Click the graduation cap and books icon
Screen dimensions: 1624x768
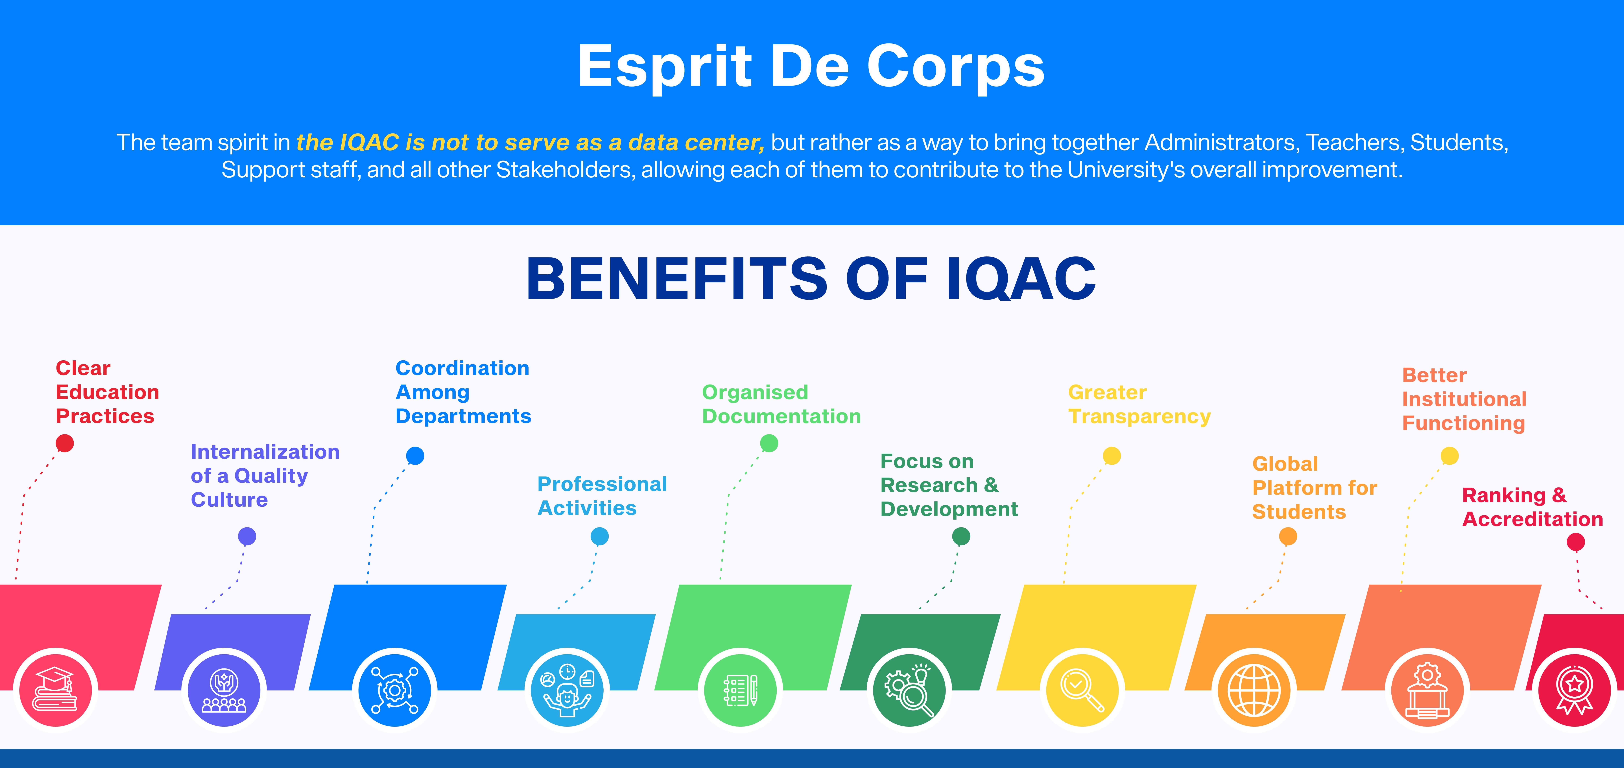(55, 689)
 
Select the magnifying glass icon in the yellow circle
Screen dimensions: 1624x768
(1082, 690)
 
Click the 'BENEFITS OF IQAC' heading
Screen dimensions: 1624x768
(811, 279)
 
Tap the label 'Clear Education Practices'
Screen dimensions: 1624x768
(107, 392)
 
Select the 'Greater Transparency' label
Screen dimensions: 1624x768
(1139, 405)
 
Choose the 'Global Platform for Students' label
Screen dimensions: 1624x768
(1315, 488)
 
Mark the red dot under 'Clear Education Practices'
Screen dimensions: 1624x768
(65, 443)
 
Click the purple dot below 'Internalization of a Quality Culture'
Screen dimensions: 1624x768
(247, 536)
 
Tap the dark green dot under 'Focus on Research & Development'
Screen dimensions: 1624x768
(961, 536)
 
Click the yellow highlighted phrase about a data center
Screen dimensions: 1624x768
(530, 142)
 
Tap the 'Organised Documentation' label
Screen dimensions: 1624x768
(781, 405)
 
